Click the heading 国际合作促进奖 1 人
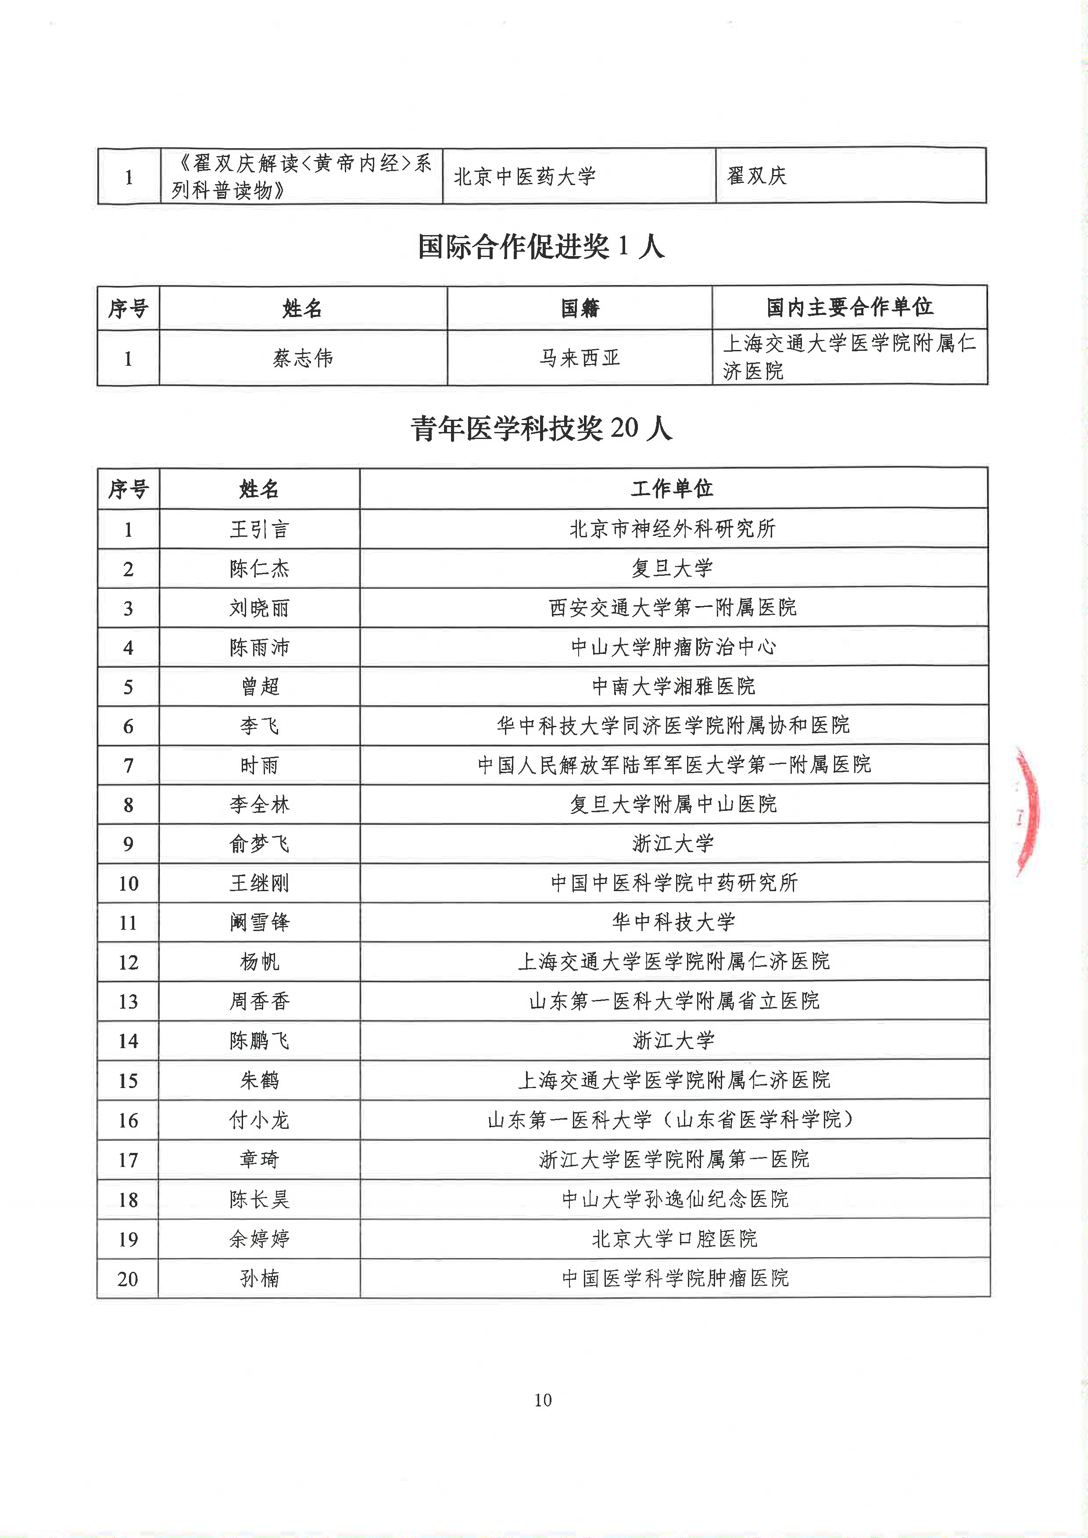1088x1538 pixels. (x=541, y=246)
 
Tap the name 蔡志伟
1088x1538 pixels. (x=303, y=358)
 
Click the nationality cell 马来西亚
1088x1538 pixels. (x=580, y=358)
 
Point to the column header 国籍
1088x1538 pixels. (x=580, y=308)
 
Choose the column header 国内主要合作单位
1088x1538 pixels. (x=849, y=307)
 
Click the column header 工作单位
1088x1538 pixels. (x=673, y=489)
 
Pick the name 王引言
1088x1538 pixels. (x=259, y=529)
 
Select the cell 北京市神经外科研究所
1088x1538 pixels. (x=673, y=528)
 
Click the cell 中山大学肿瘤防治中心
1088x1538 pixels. (x=673, y=647)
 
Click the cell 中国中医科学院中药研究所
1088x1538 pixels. (x=674, y=883)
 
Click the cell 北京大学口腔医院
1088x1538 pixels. (x=674, y=1238)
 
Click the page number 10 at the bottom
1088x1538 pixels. (x=543, y=1400)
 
